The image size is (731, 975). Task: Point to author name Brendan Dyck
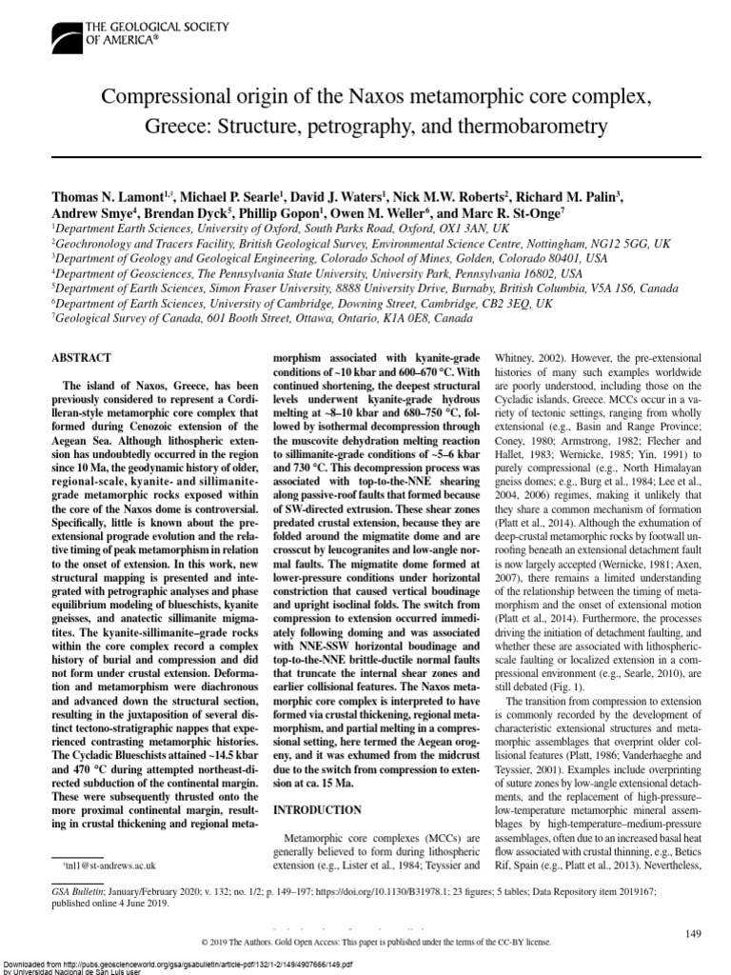click(186, 214)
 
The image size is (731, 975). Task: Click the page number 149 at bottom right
click(692, 936)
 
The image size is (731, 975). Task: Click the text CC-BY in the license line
click(495, 943)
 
